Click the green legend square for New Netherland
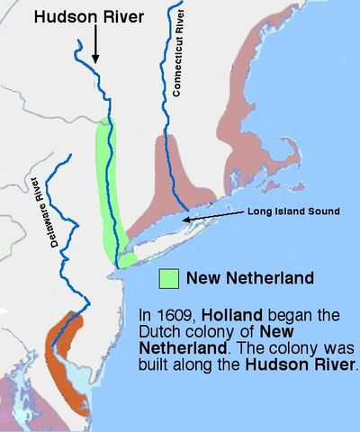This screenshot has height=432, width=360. (x=168, y=278)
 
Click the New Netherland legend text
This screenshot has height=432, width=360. (x=249, y=278)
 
